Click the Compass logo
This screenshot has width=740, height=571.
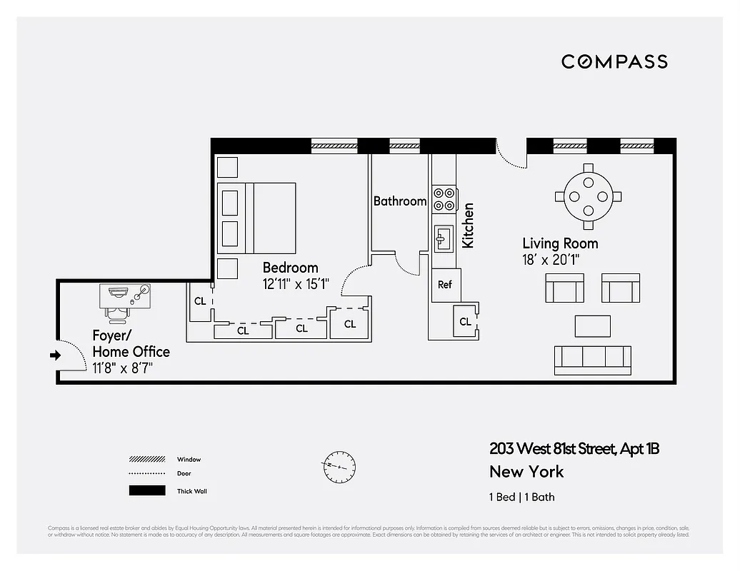click(x=614, y=61)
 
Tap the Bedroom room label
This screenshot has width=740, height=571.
click(x=290, y=268)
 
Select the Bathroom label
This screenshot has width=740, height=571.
click(x=400, y=201)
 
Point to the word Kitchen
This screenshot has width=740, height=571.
click(x=468, y=226)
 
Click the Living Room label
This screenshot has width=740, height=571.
click(x=560, y=243)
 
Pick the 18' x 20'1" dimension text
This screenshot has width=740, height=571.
click(x=551, y=261)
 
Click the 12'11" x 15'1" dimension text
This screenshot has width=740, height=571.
click(x=296, y=284)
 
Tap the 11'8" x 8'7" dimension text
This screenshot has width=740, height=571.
click(x=122, y=368)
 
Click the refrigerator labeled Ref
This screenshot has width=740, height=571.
click(x=445, y=284)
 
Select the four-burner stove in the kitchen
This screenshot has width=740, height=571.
click(x=444, y=198)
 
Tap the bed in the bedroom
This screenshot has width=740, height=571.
click(x=258, y=218)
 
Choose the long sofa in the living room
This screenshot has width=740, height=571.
click(x=593, y=359)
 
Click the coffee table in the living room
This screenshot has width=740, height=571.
click(x=593, y=326)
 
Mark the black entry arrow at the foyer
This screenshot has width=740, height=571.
click(x=55, y=355)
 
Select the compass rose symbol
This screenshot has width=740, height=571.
click(x=338, y=467)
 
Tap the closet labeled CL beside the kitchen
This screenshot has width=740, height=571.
click(x=465, y=322)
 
